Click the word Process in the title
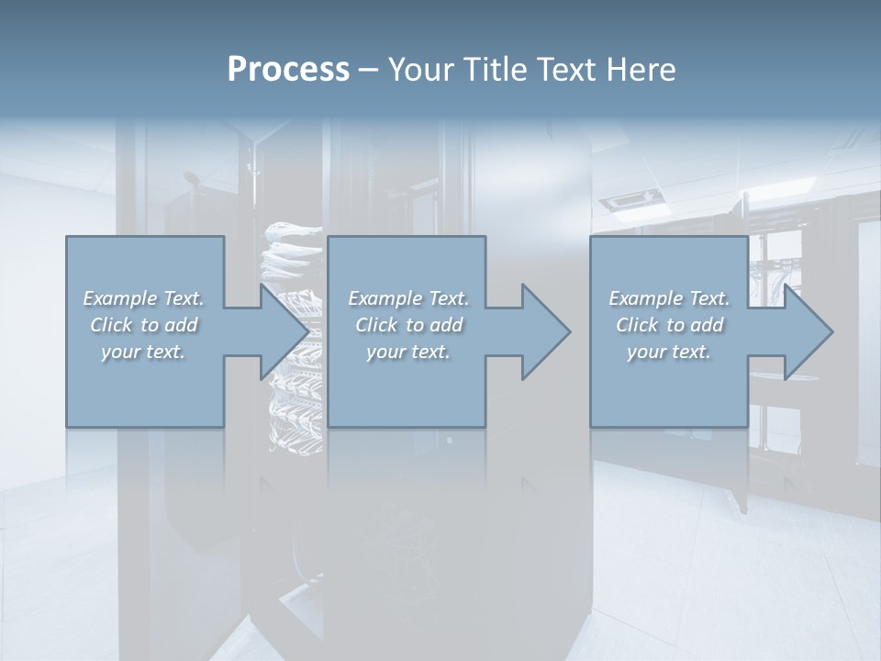pyautogui.click(x=288, y=70)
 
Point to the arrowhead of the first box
pyautogui.click(x=280, y=331)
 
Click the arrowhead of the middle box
pyautogui.click(x=543, y=331)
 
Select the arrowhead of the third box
pyautogui.click(x=806, y=331)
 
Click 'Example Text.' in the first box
pyautogui.click(x=143, y=298)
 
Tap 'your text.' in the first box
pyautogui.click(x=143, y=352)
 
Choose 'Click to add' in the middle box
pyautogui.click(x=408, y=325)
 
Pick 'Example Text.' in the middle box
pyautogui.click(x=408, y=298)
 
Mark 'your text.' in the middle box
pyautogui.click(x=408, y=352)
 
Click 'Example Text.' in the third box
pyautogui.click(x=669, y=298)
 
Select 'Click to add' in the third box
pyautogui.click(x=669, y=325)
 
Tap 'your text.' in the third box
pyautogui.click(x=669, y=352)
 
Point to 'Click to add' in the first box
pyautogui.click(x=143, y=325)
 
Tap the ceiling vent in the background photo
pyautogui.click(x=631, y=198)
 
